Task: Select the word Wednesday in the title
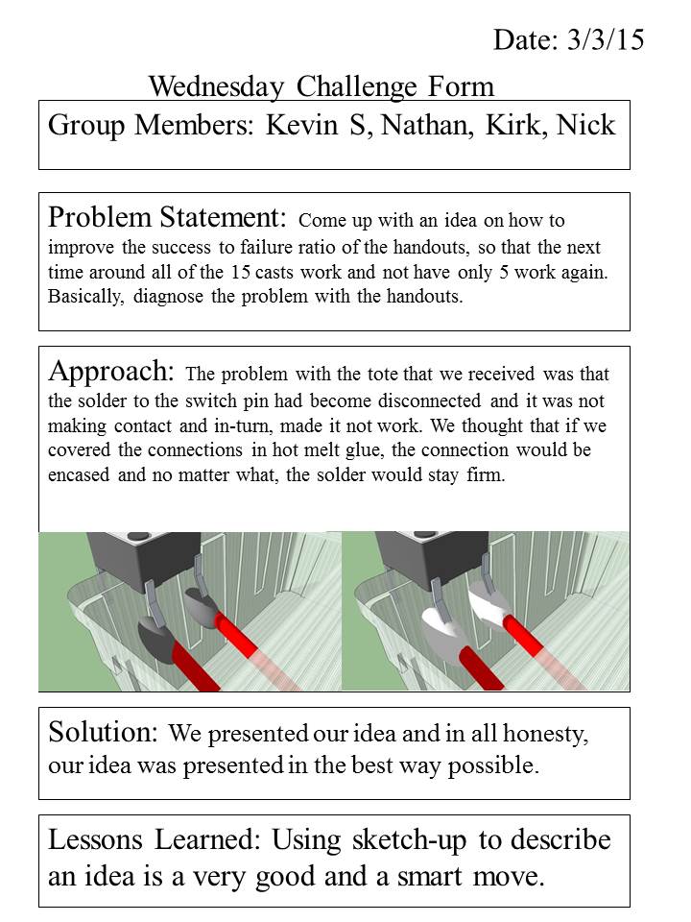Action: [218, 87]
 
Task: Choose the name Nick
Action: [587, 126]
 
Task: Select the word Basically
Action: [84, 296]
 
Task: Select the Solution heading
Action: [103, 733]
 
